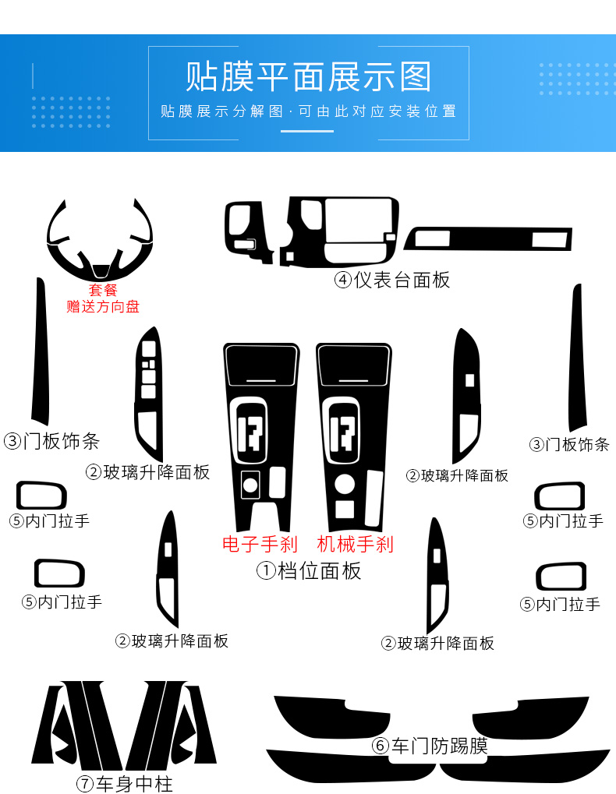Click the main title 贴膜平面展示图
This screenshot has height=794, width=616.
click(308, 76)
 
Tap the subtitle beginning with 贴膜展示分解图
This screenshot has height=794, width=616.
click(308, 111)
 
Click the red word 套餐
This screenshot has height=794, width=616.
click(102, 290)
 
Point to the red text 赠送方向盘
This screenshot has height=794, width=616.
click(102, 306)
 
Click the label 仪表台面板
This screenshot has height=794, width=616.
click(402, 280)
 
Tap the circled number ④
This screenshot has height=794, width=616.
click(343, 280)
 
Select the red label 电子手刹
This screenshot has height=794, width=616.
click(259, 544)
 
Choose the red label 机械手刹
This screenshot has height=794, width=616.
click(355, 544)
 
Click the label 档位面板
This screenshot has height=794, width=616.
click(320, 571)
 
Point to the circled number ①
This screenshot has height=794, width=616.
click(267, 571)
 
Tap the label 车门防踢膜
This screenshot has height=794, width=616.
click(440, 746)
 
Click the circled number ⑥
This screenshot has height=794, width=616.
click(381, 746)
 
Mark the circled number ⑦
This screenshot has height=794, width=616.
click(84, 783)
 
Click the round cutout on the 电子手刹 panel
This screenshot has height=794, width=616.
click(250, 485)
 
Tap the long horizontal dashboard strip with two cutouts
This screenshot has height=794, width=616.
click(487, 238)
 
